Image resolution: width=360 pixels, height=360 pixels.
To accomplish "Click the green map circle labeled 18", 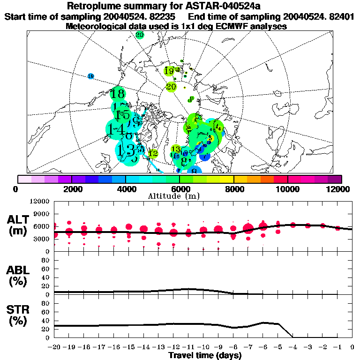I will coord(118,94).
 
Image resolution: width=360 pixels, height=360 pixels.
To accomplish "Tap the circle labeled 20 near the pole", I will coord(171,87).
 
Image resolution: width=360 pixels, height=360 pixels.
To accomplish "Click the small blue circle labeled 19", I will coord(91,76).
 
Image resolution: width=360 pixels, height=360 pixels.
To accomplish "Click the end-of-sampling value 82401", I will coord(341,16).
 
